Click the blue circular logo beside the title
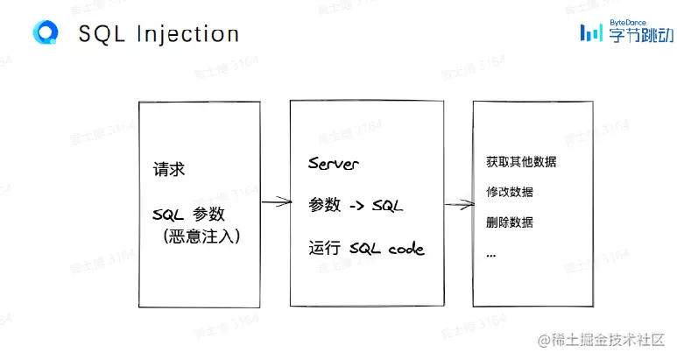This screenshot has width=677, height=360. tap(45, 32)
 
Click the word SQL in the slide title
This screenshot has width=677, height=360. tap(102, 34)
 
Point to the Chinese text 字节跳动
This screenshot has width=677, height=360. tap(638, 37)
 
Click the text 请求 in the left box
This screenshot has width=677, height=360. tap(168, 169)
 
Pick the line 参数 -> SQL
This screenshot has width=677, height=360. tap(355, 205)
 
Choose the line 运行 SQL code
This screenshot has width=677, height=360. tap(366, 249)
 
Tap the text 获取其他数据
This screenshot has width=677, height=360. tap(521, 163)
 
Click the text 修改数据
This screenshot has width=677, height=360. tap(510, 193)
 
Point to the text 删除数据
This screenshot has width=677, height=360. tap(510, 222)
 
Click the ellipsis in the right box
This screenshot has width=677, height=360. tap(490, 255)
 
